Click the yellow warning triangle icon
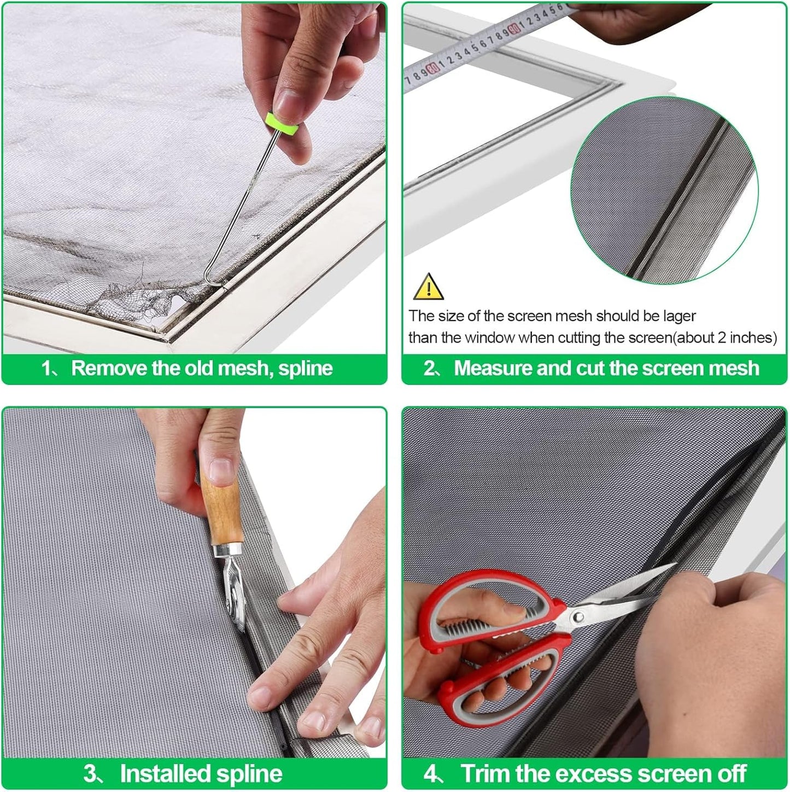(x=429, y=287)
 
